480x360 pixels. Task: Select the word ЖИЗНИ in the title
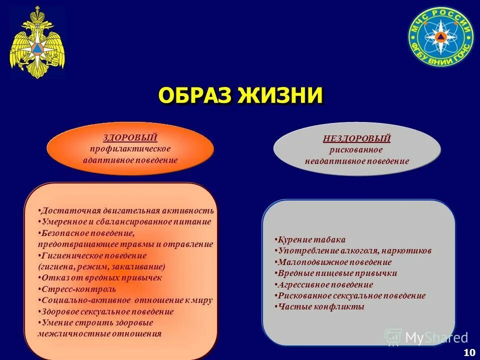(x=282, y=95)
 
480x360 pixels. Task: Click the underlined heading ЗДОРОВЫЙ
(x=130, y=137)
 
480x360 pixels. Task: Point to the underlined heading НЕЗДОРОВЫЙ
(x=356, y=139)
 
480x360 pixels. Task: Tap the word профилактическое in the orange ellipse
(x=130, y=149)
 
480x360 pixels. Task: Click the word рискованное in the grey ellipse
(x=356, y=150)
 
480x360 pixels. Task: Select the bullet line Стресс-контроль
(x=77, y=289)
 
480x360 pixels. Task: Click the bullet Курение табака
(x=310, y=239)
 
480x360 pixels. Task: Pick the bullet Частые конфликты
(x=320, y=306)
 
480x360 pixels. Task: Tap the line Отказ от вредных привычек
(x=100, y=277)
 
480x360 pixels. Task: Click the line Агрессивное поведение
(x=324, y=284)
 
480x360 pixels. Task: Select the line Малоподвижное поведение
(x=334, y=262)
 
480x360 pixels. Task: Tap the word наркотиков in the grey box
(x=406, y=250)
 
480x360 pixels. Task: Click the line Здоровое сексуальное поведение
(x=106, y=311)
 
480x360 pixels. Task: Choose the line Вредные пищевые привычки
(x=336, y=273)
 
